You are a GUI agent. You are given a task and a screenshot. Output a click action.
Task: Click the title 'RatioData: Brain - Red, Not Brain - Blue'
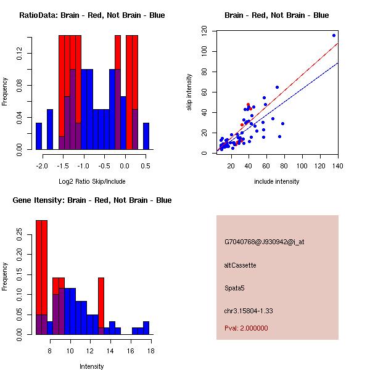[92, 15]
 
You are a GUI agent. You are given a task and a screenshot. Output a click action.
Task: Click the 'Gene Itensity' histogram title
[92, 200]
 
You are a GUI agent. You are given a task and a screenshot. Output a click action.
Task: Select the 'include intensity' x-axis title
[277, 181]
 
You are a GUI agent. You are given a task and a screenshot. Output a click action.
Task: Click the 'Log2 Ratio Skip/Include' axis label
[92, 181]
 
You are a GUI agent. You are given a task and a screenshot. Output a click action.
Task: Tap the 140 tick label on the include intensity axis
[339, 166]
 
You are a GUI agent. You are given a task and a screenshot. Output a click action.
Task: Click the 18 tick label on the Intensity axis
[150, 351]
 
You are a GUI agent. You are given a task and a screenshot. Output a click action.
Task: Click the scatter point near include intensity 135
[334, 35]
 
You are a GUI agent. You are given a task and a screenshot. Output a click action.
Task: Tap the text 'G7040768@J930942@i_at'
[264, 242]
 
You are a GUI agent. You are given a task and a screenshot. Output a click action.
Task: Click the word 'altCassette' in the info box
[240, 265]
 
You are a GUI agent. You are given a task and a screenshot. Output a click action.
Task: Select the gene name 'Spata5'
[235, 288]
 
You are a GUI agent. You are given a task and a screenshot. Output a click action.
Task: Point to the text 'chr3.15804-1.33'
[249, 311]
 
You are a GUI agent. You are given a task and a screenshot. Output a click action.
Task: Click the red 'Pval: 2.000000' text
[247, 328]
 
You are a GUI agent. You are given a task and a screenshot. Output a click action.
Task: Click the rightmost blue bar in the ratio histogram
[146, 136]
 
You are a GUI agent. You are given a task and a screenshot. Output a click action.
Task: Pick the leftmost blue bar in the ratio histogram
[39, 136]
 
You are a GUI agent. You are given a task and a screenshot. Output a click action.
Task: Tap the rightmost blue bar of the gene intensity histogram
[146, 327]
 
